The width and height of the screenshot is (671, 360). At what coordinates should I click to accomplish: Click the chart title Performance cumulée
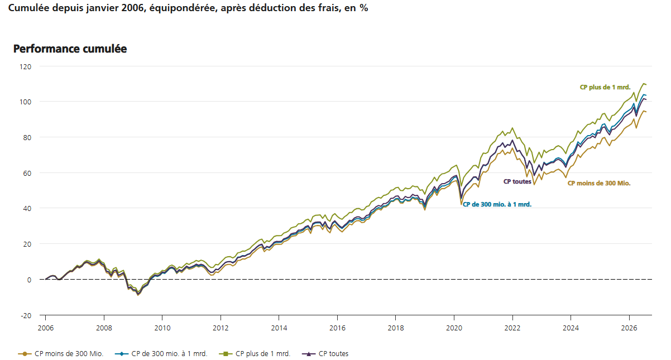(70, 49)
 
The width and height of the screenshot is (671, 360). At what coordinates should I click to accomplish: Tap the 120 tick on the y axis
(26, 67)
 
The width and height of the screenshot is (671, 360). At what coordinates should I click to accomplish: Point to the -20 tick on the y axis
(26, 316)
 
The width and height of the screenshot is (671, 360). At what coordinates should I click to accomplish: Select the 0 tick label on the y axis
(29, 280)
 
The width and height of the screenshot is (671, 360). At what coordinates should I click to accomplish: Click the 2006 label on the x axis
(46, 328)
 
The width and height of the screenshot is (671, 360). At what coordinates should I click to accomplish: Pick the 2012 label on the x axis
(221, 328)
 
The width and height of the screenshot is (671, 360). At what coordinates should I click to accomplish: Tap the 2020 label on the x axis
(454, 328)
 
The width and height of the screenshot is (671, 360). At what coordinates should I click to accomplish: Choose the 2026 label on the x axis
(629, 328)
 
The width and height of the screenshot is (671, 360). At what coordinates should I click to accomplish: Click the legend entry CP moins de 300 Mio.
(61, 354)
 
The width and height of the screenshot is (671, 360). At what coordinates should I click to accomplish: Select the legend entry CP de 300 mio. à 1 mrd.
(161, 354)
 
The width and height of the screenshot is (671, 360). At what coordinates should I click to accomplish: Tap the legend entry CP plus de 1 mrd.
(255, 354)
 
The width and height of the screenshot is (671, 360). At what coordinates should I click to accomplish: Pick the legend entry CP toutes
(325, 354)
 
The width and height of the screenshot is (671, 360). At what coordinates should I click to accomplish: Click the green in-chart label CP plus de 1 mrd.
(605, 87)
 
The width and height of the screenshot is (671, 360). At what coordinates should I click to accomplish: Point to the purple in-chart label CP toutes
(517, 181)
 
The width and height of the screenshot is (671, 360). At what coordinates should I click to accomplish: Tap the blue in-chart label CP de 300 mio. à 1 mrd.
(497, 204)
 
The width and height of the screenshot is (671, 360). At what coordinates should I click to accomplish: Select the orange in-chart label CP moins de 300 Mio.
(599, 183)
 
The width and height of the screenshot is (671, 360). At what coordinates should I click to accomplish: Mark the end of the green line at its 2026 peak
(643, 84)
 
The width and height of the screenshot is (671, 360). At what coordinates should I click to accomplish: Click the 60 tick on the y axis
(27, 174)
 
